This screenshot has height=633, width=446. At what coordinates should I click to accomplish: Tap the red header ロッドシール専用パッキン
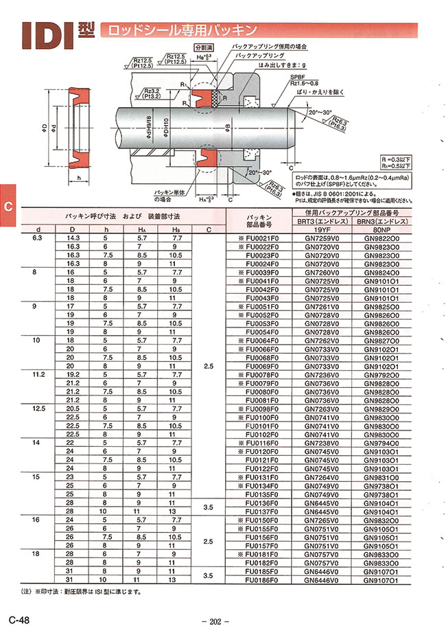click(180, 30)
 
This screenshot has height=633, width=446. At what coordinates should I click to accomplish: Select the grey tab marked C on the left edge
click(8, 207)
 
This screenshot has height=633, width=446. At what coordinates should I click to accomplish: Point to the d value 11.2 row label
click(38, 375)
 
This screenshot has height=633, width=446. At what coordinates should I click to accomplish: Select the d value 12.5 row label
click(38, 408)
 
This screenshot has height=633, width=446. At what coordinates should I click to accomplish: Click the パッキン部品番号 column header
click(260, 218)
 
